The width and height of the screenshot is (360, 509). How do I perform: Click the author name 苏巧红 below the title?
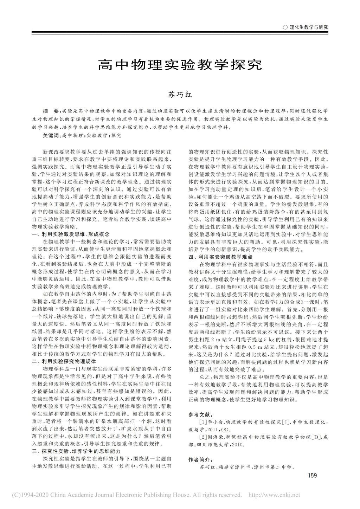click(180, 94)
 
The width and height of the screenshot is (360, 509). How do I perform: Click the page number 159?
click(312, 476)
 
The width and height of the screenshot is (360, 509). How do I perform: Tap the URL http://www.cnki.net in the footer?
click(274, 495)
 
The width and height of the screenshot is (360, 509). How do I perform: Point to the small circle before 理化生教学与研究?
click(285, 27)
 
